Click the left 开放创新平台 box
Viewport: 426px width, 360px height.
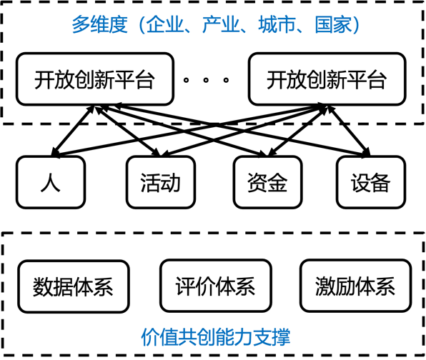pos(95,79)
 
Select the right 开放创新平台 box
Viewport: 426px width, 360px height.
pos(327,79)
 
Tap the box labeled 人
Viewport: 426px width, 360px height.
pos(51,182)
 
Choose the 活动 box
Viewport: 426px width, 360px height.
pos(161,182)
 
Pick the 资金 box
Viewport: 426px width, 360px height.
pos(267,182)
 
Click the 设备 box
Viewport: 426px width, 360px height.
pos(371,182)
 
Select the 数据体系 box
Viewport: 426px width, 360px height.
pos(74,286)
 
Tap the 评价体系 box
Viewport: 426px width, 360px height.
pos(216,286)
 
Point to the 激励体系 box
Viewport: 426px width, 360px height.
pos(356,286)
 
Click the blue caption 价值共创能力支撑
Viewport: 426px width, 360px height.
pos(216,337)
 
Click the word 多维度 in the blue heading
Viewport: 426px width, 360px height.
pos(99,24)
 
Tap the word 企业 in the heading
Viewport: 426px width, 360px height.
pos(165,24)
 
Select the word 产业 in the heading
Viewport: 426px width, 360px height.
pos(221,24)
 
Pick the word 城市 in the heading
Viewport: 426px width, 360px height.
pos(277,24)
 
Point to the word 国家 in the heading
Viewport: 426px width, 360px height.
pos(333,24)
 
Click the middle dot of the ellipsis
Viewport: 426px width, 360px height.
pos(206,80)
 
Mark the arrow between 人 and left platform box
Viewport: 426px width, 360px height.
pos(73,131)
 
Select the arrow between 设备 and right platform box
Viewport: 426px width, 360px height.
pos(349,131)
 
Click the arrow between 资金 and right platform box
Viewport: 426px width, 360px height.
pos(297,131)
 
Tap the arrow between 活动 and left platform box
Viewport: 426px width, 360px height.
pos(128,131)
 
